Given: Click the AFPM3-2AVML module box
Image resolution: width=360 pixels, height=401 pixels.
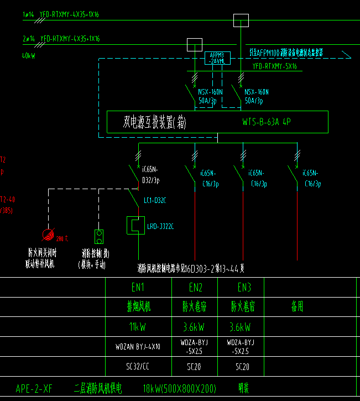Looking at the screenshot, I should (217, 58).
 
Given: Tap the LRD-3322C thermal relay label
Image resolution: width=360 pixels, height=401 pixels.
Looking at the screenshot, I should (160, 226).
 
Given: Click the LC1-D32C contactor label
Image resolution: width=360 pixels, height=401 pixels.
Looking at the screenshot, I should (155, 200).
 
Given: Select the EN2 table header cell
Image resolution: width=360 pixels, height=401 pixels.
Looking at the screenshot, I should (196, 288).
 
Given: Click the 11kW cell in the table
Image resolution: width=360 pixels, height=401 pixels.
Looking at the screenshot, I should (138, 327).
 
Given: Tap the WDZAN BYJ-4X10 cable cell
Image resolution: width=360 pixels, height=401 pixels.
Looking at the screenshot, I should (138, 347).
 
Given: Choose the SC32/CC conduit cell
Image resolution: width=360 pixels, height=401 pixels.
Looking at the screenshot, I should (138, 366).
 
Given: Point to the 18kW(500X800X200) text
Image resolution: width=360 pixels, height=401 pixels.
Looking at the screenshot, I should (179, 388).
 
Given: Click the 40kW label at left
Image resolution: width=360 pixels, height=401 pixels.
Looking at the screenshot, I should (29, 56).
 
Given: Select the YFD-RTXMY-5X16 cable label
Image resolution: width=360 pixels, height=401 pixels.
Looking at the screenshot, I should (275, 67).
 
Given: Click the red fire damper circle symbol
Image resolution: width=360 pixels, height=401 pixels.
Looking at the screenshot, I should (49, 235).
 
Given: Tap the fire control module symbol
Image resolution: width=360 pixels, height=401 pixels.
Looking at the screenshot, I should (99, 237).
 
